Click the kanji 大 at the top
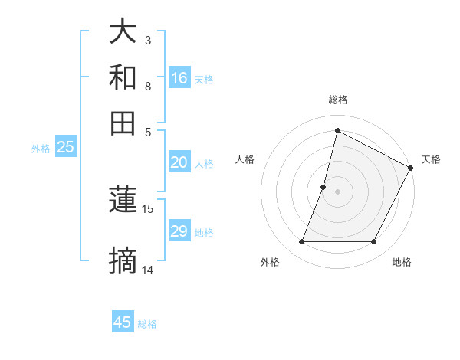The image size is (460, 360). point(123,32)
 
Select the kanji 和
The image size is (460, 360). point(123,77)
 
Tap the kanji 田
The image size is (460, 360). point(123,123)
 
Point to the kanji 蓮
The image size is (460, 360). point(123,200)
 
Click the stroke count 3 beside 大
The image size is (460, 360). point(147,40)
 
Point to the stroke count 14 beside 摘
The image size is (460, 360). point(148,270)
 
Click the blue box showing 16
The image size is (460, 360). point(179,78)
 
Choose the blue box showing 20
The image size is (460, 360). point(179,162)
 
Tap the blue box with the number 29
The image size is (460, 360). point(179,232)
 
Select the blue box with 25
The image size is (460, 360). point(65,148)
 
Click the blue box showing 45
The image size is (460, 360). point(123,322)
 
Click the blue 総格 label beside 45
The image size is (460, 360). point(147,324)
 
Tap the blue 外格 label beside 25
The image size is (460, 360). point(40,149)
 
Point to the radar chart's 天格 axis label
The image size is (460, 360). point(431,159)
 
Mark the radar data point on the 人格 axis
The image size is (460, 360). point(324,186)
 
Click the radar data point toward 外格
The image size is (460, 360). point(301,242)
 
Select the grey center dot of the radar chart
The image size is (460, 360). point(337,191)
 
